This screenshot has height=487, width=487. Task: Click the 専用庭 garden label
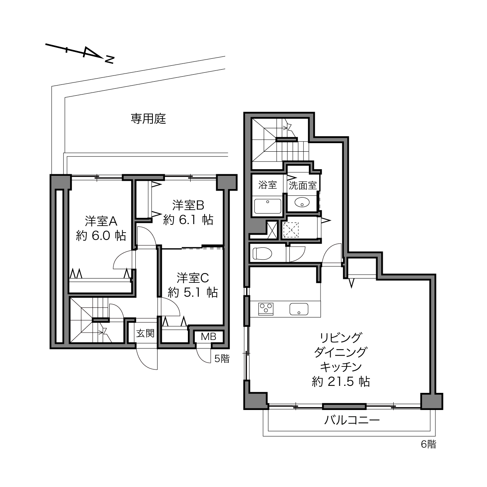click(x=148, y=119)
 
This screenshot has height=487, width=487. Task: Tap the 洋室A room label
click(x=101, y=221)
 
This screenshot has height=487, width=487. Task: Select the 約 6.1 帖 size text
click(x=188, y=220)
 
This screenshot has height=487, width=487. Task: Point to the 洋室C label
click(x=193, y=278)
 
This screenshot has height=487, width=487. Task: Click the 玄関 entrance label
click(x=145, y=333)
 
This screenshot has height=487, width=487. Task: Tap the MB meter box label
click(x=208, y=336)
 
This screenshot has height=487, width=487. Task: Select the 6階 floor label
click(x=428, y=444)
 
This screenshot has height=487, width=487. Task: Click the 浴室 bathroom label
click(x=267, y=185)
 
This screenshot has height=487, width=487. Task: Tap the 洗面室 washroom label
click(x=303, y=186)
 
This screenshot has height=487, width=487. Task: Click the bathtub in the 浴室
click(x=268, y=206)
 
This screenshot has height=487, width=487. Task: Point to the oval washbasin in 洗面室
click(x=302, y=202)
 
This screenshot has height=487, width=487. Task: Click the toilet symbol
click(x=262, y=253)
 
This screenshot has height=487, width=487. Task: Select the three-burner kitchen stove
click(x=266, y=309)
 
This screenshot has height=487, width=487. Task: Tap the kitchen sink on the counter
click(x=299, y=308)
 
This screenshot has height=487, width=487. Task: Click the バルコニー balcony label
click(x=352, y=420)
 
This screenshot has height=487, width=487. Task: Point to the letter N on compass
click(x=109, y=59)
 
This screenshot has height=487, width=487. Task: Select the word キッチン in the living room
click(x=341, y=366)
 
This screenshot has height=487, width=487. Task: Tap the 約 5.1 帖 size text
click(x=193, y=293)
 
